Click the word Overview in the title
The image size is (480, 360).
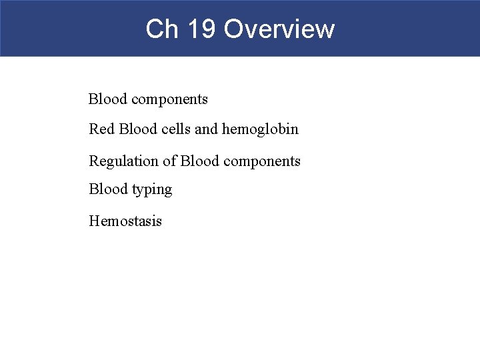click(x=279, y=29)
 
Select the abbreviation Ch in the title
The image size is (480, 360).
click(x=159, y=29)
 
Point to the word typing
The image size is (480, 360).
click(x=151, y=191)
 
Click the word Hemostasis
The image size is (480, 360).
click(x=125, y=221)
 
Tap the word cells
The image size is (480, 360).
click(x=175, y=129)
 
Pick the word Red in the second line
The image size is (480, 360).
click(x=102, y=129)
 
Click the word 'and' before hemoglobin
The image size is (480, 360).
click(x=207, y=129)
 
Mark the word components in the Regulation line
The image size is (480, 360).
click(x=262, y=161)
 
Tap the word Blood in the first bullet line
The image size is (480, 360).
click(x=108, y=99)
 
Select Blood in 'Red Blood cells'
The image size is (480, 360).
click(x=138, y=129)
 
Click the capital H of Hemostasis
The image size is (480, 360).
click(x=94, y=221)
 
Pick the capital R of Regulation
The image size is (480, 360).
click(x=94, y=161)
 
